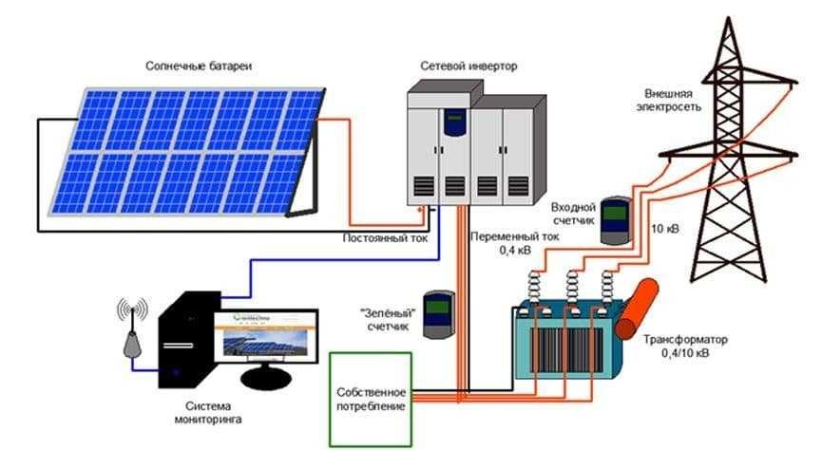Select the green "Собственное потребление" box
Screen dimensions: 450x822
pyautogui.click(x=371, y=399)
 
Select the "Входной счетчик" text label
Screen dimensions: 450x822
pyautogui.click(x=574, y=213)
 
